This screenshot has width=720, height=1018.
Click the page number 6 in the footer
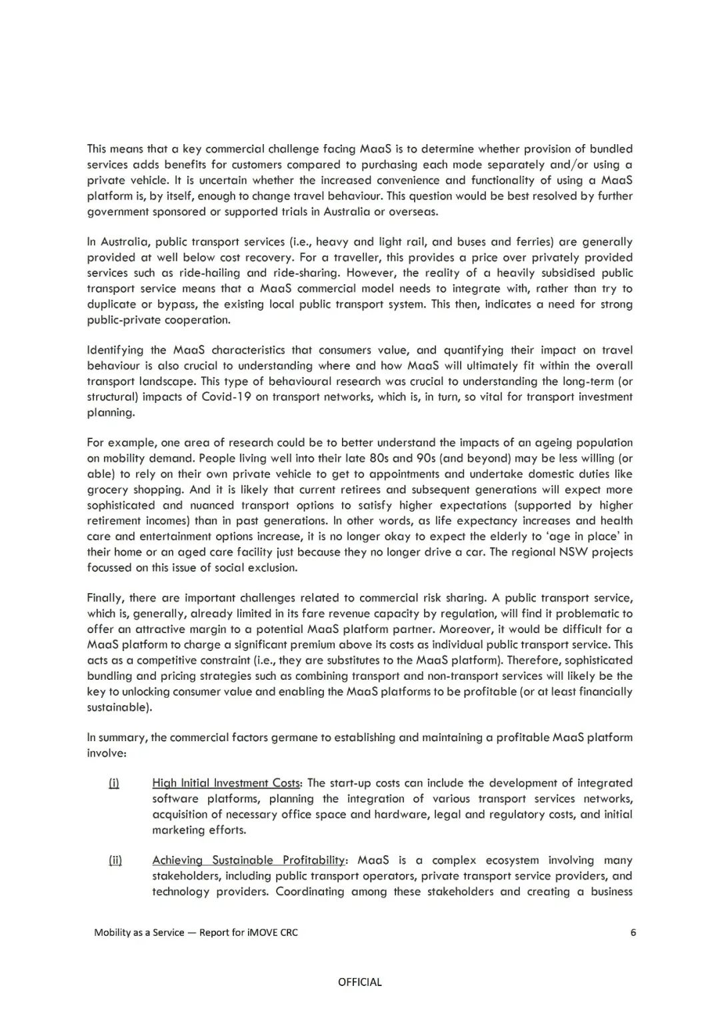point(633,932)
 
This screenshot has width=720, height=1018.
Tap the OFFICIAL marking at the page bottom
point(360,981)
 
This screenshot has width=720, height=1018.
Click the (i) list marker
point(113,783)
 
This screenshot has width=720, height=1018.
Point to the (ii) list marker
point(115,860)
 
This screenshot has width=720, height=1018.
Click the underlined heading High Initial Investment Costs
point(227,783)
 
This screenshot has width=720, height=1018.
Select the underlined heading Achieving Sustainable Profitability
point(249,860)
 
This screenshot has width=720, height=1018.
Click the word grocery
point(107,490)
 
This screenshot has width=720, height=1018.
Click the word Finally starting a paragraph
point(105,598)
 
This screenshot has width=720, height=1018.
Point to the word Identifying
point(116,350)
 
